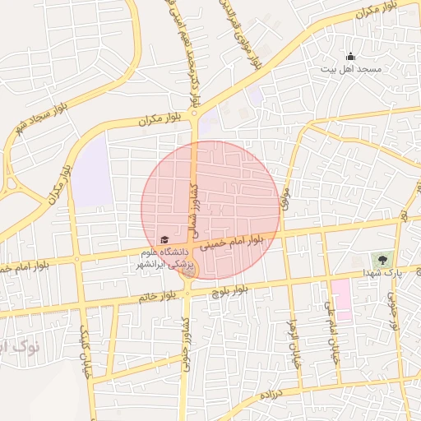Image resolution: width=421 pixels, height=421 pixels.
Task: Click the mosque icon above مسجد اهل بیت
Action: [351, 57]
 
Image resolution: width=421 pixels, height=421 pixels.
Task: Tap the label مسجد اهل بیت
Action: [351, 69]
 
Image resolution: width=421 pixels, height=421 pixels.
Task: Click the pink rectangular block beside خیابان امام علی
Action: [342, 300]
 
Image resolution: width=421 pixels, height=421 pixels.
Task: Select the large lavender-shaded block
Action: [92, 170]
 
